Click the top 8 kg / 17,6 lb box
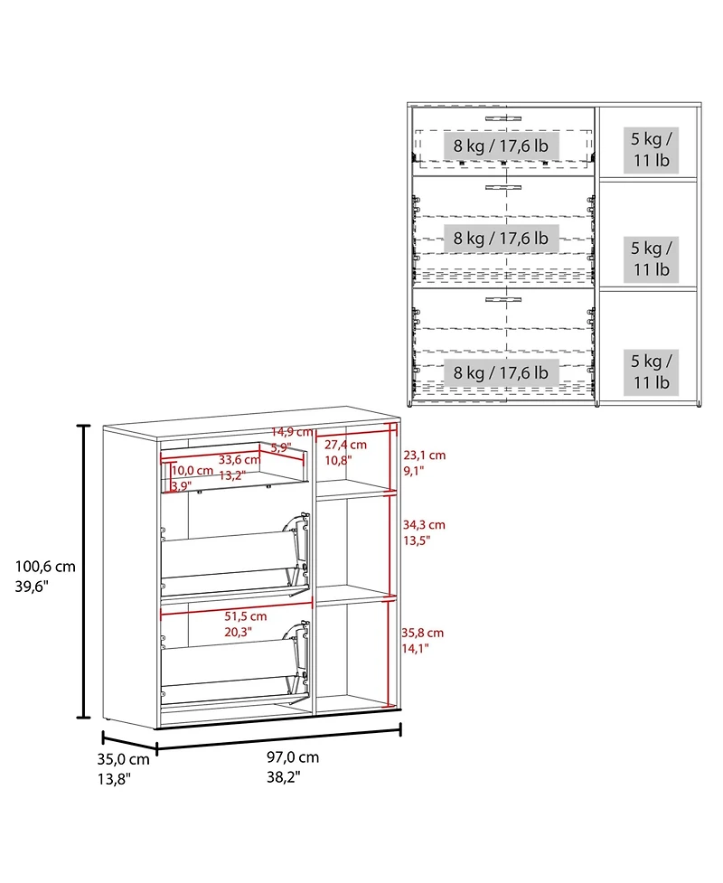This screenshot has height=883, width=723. [x=502, y=145]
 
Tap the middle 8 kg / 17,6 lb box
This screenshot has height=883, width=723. [x=502, y=239]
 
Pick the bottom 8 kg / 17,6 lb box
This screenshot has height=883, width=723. [x=502, y=371]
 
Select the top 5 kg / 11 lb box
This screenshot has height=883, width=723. [x=651, y=149]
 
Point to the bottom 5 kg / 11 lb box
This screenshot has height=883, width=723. [x=651, y=371]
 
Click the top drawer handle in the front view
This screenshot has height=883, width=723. [x=503, y=118]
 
